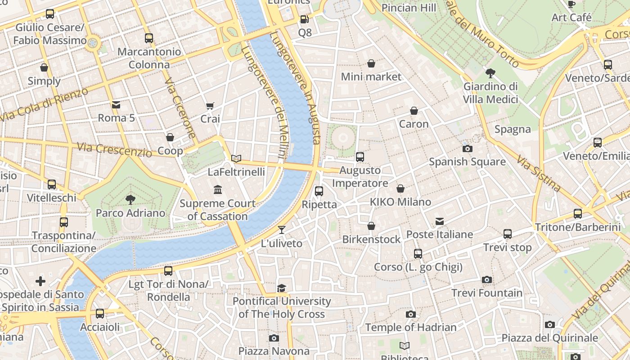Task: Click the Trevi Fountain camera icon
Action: click(x=486, y=280)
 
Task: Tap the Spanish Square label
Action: click(x=467, y=162)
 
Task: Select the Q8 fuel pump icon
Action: click(x=304, y=19)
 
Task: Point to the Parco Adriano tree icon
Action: click(x=130, y=199)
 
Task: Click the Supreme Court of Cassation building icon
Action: click(x=218, y=190)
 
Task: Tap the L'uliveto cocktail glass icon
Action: click(x=282, y=230)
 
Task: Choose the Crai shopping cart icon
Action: click(x=210, y=106)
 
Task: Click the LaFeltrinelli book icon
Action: click(x=236, y=158)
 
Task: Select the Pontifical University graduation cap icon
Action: click(x=282, y=288)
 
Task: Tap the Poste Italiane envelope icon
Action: click(x=440, y=221)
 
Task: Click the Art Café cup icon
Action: click(x=571, y=4)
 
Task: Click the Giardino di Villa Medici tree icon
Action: click(x=490, y=73)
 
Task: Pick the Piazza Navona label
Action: click(x=274, y=351)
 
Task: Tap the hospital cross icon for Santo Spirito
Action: click(x=40, y=282)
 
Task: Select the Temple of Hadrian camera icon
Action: click(x=410, y=314)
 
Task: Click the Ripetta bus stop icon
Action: click(x=319, y=191)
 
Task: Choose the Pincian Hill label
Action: click(x=409, y=8)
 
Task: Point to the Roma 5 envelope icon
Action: click(x=116, y=105)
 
